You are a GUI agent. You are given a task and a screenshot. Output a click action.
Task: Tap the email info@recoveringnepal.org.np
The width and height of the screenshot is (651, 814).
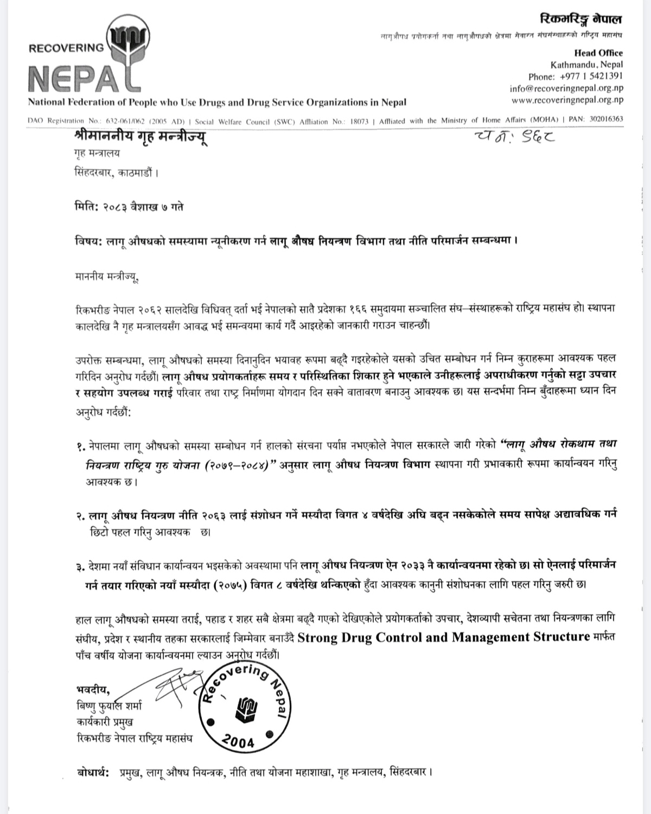pos(566,88)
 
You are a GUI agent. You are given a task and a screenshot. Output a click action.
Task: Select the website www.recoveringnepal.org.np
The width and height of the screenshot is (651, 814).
pos(567,100)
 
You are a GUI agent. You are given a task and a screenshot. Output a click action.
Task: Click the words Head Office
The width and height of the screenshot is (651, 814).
pos(598,53)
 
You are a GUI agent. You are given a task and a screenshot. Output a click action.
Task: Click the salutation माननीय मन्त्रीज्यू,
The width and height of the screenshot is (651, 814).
pos(107,279)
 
